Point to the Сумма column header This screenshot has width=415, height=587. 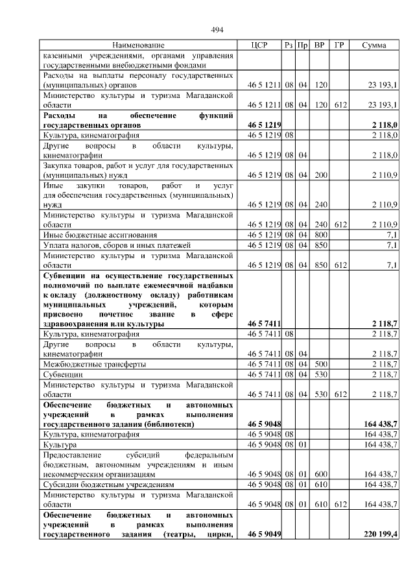(374, 45)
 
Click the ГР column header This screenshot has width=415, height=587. (339, 45)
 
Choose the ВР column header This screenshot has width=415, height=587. (320, 45)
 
